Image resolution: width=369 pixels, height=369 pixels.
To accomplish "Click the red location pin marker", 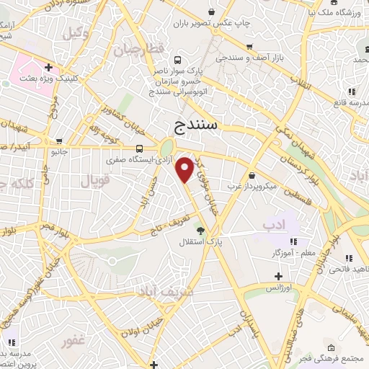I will coord(185,169).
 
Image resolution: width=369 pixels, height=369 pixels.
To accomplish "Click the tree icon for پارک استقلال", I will coord(200,231).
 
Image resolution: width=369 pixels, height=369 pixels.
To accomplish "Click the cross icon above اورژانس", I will coord(278,276).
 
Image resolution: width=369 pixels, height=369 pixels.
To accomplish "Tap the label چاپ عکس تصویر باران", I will coord(210,22).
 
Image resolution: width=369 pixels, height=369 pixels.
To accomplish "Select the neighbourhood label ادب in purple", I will coord(274,226).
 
